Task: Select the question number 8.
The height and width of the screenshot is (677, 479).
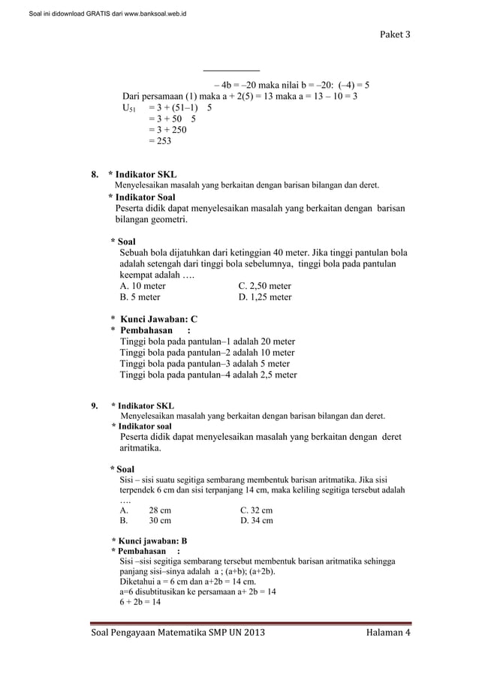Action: tap(95, 175)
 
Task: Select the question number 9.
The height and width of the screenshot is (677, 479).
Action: tap(95, 406)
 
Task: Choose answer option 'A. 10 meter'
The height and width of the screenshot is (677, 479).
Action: tap(143, 286)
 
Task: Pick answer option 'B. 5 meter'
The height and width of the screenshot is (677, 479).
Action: tap(140, 297)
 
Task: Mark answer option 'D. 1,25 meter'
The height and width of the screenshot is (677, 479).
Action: tap(264, 297)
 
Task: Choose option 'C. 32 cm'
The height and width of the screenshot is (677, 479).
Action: tap(256, 509)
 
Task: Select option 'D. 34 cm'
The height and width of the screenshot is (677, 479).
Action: tap(257, 520)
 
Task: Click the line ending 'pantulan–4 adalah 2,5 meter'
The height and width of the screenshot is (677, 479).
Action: tap(209, 375)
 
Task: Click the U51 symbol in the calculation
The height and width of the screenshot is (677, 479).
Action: tap(129, 108)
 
